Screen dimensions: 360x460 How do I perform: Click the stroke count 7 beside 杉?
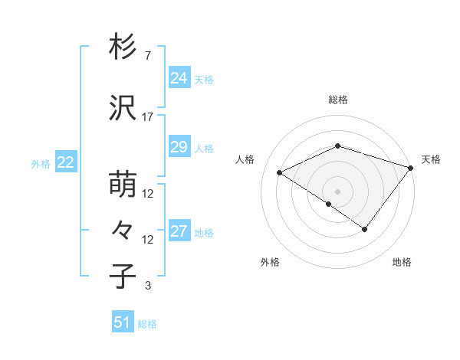pos(147,56)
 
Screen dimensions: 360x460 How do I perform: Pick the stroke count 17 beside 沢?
pos(148,117)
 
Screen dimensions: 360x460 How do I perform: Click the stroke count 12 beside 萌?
pos(148,194)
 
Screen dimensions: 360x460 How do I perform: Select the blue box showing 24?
pos(179,77)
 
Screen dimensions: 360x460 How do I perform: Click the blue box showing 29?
pos(179,147)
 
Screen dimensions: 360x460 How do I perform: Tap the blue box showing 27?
pos(179,231)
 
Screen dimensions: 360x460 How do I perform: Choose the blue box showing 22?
pos(65,162)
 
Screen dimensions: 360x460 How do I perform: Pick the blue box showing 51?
pos(123,322)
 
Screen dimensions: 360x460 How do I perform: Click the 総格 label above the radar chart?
pos(337,100)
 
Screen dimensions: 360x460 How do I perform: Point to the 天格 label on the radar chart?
pos(431,159)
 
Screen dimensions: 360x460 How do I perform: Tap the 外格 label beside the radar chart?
pos(270,262)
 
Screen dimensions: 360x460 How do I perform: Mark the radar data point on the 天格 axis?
pos(411,168)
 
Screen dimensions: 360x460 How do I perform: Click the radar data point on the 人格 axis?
pos(280,173)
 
